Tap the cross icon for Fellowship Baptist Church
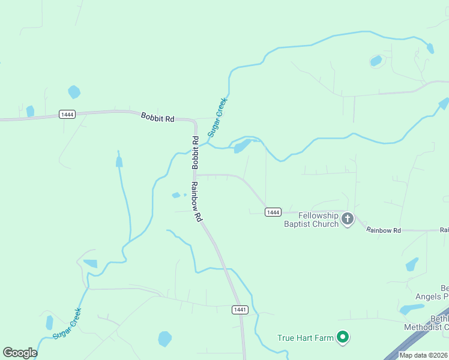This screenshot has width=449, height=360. click(x=348, y=220)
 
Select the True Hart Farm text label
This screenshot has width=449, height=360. click(x=305, y=338)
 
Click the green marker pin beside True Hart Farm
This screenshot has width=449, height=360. click(x=343, y=338)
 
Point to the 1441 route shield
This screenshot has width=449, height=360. click(x=240, y=310)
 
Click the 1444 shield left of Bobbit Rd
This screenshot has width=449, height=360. click(x=67, y=115)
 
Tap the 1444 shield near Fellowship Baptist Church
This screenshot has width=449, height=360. click(x=273, y=212)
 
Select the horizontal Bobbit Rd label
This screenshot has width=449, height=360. click(x=157, y=118)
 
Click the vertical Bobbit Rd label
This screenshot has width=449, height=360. click(x=195, y=152)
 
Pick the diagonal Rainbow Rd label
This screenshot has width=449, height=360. click(x=196, y=202)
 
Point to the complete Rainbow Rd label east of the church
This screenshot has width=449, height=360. click(x=384, y=230)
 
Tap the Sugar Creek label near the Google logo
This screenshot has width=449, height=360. click(x=67, y=323)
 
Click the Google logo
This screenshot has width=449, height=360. click(x=20, y=353)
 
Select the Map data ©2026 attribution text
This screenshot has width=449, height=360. click(x=423, y=355)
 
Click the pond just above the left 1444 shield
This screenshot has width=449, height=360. click(x=74, y=92)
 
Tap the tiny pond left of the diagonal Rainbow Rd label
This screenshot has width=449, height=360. click(x=176, y=195)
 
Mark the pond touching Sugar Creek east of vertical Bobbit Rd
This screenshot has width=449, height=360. click(x=242, y=146)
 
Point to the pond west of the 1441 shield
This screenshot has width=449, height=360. click(x=164, y=339)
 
